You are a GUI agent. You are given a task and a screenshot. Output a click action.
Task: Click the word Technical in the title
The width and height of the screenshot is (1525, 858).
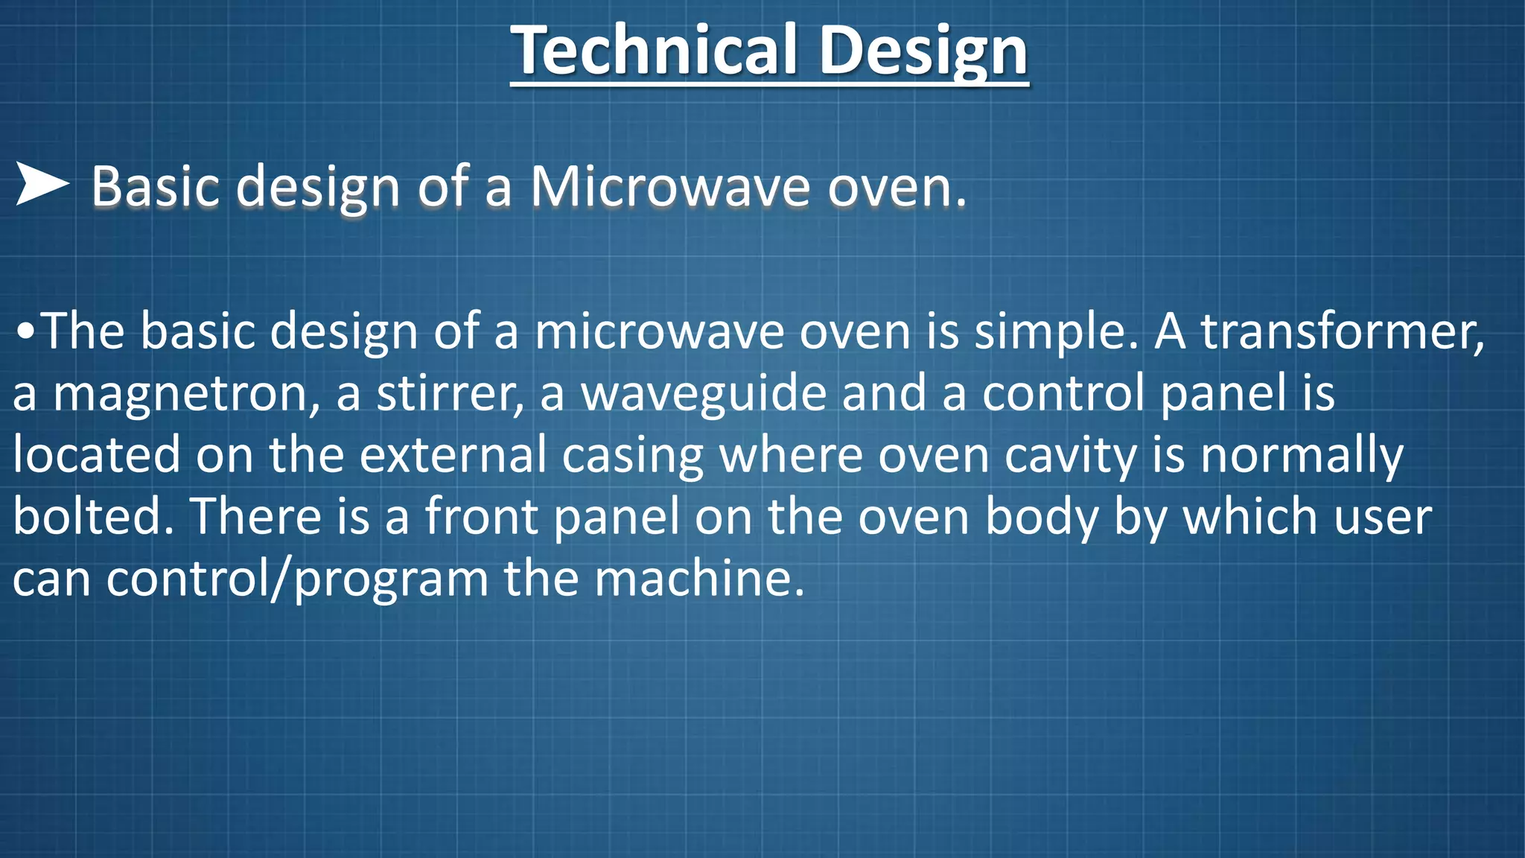tap(655, 51)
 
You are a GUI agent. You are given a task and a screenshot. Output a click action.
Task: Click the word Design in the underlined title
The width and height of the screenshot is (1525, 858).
tap(923, 51)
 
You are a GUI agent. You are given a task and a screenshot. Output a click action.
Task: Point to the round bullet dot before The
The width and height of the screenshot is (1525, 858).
tap(25, 332)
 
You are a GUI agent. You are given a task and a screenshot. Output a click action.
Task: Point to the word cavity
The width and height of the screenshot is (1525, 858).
tap(1071, 456)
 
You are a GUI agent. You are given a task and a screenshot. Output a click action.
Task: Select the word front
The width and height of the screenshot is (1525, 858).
tap(481, 516)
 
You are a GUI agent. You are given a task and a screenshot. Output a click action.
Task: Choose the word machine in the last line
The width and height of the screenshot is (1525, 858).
tap(699, 579)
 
